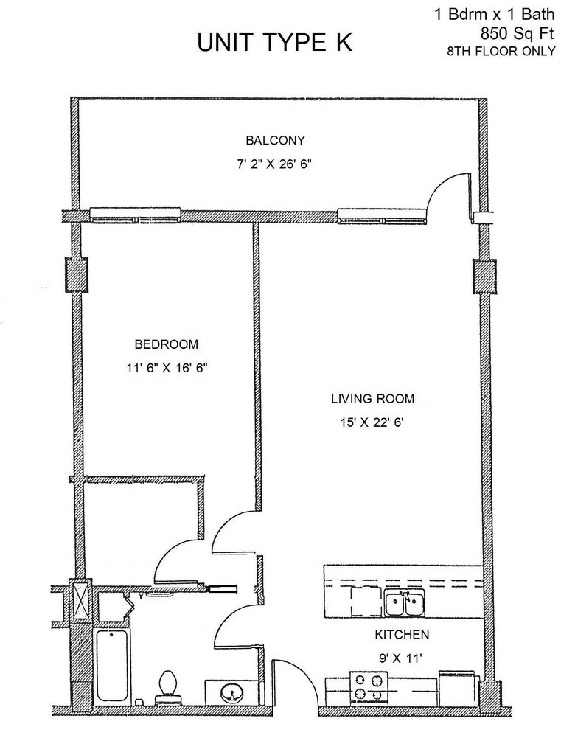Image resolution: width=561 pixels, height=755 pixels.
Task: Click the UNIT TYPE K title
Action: (x=274, y=42)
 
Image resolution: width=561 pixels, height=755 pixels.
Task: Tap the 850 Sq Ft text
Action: (x=518, y=33)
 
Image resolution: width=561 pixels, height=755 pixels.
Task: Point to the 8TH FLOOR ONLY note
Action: (x=501, y=51)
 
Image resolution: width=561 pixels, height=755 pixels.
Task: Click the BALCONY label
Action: (x=275, y=140)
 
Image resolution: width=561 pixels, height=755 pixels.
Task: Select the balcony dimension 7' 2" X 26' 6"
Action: (x=274, y=164)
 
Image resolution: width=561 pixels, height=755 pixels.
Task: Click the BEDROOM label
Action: (x=166, y=344)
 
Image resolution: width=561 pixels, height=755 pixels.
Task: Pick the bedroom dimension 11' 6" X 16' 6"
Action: (x=167, y=369)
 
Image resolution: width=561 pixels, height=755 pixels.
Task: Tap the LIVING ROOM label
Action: (x=373, y=399)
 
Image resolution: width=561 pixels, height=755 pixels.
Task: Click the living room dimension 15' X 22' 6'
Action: (x=372, y=422)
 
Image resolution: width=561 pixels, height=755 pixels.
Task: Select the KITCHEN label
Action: (x=402, y=635)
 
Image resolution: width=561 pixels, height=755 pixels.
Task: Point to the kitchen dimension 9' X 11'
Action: (x=400, y=658)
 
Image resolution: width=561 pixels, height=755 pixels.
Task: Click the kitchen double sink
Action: (x=405, y=604)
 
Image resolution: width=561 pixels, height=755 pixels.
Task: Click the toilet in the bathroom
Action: (x=167, y=689)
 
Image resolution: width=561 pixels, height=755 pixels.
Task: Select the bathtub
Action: (x=112, y=666)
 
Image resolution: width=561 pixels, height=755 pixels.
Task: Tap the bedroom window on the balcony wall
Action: (x=136, y=215)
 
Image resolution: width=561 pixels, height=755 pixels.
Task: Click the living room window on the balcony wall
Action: (x=382, y=216)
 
